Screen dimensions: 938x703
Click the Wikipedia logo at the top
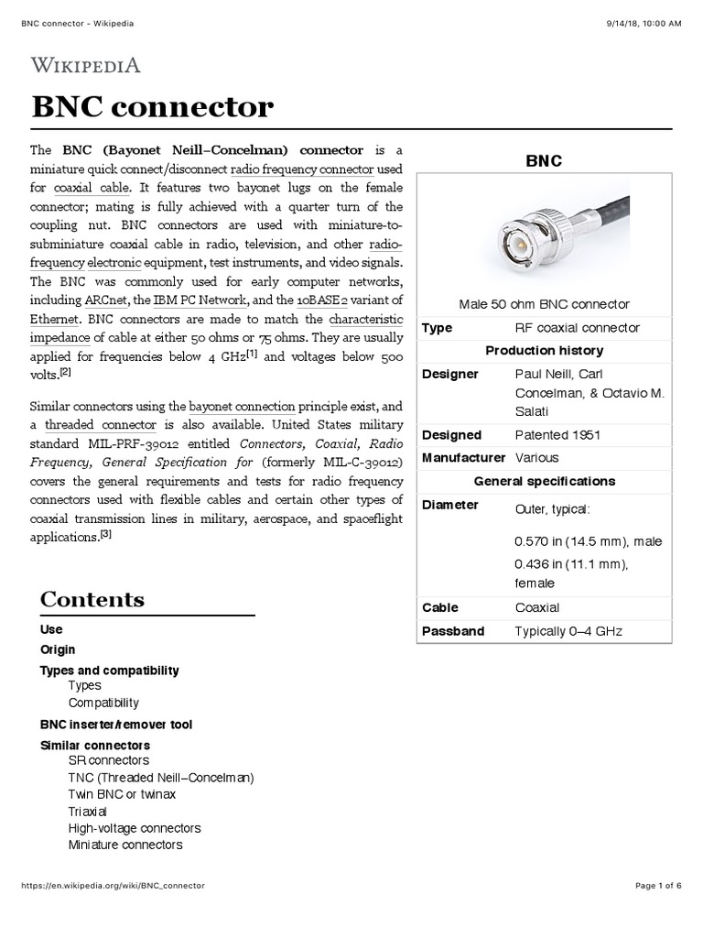tap(86, 64)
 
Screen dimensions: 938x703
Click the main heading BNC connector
tap(153, 108)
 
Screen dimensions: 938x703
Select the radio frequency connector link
tap(302, 169)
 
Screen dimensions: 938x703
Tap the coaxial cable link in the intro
tap(92, 188)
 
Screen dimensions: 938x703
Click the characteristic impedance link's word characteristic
tap(366, 319)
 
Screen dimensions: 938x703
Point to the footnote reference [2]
tap(65, 371)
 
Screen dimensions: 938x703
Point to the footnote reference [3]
tap(106, 536)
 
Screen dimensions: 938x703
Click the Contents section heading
tap(92, 600)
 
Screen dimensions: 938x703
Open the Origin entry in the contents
tap(58, 649)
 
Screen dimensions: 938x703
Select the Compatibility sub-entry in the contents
tap(103, 703)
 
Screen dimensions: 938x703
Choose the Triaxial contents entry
tap(88, 811)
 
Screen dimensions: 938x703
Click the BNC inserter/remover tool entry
tap(116, 725)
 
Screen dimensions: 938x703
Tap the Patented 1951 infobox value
tap(557, 435)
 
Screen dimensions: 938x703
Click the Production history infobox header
tap(544, 351)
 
